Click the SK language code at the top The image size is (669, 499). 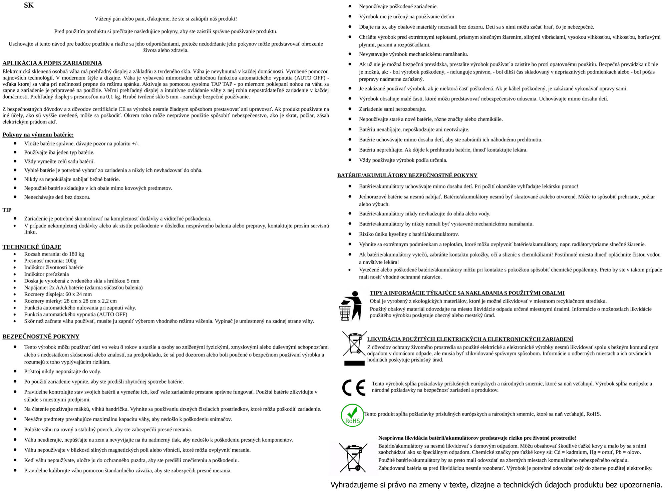coord(29,5)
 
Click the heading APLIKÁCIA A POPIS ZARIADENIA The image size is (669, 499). coord(52,63)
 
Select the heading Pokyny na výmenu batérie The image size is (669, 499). coord(38,135)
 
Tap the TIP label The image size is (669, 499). coord(7,210)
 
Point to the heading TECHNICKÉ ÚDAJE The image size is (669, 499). coord(32,247)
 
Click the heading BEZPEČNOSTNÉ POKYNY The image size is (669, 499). coord(41,336)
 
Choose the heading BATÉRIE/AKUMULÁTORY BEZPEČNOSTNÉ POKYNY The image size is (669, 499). coord(407,175)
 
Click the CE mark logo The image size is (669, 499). coord(354,387)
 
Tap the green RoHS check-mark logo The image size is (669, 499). coord(352,415)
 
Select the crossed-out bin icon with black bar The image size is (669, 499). coord(354,348)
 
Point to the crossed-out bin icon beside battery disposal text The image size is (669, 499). coord(353,458)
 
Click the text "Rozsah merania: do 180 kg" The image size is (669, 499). coord(54,254)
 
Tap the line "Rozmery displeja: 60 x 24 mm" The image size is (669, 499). coord(58,294)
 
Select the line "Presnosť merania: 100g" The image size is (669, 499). coord(50,261)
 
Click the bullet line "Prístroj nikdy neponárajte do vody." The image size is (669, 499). coord(62,371)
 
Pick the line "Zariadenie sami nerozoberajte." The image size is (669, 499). coord(392,109)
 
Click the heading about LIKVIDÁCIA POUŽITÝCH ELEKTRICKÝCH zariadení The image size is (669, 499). coord(470,339)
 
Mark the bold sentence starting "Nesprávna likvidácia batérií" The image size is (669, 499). coord(477,438)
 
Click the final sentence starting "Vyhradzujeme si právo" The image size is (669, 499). coord(496,485)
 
